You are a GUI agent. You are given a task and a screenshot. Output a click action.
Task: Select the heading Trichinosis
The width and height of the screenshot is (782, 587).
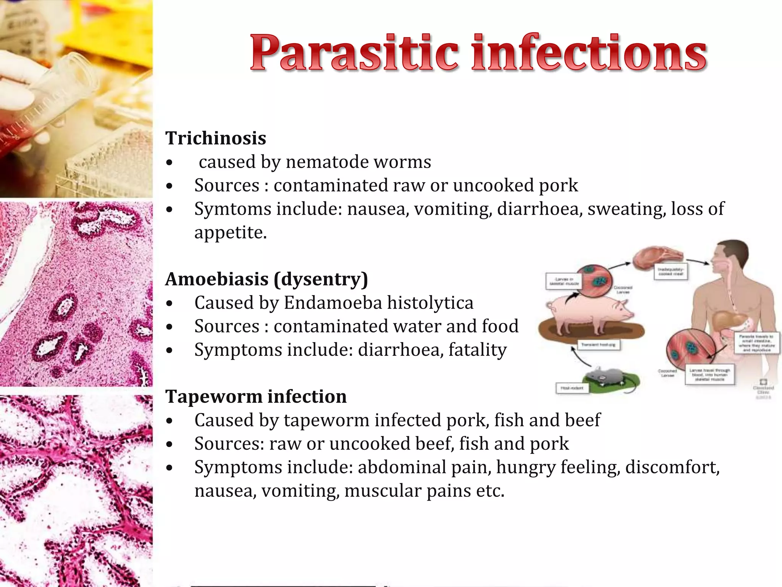[x=216, y=138]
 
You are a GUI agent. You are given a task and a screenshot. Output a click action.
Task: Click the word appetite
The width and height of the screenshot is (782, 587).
[x=230, y=232]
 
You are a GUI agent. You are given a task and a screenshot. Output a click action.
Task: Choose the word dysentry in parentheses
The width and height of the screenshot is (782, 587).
[x=321, y=279]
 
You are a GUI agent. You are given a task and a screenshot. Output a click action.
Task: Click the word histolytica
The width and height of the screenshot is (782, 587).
[x=430, y=303]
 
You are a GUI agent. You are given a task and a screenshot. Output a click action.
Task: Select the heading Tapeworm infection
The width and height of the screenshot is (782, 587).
[x=256, y=396]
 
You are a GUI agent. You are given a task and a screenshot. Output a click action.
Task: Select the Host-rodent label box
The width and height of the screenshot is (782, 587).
[x=572, y=388]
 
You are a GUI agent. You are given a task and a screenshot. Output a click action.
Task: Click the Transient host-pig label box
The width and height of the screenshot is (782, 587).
[x=598, y=345]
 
